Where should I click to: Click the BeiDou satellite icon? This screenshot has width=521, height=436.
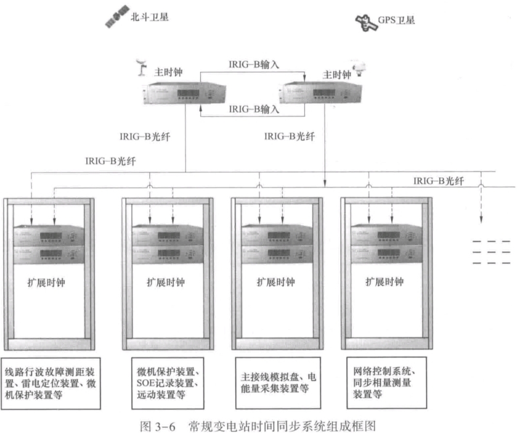[117, 17]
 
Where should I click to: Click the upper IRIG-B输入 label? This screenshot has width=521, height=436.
[254, 64]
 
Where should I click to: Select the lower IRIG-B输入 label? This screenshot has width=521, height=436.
[254, 109]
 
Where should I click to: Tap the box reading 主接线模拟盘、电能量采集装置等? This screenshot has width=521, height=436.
[278, 383]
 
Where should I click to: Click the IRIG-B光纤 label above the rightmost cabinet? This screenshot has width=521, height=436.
[439, 181]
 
